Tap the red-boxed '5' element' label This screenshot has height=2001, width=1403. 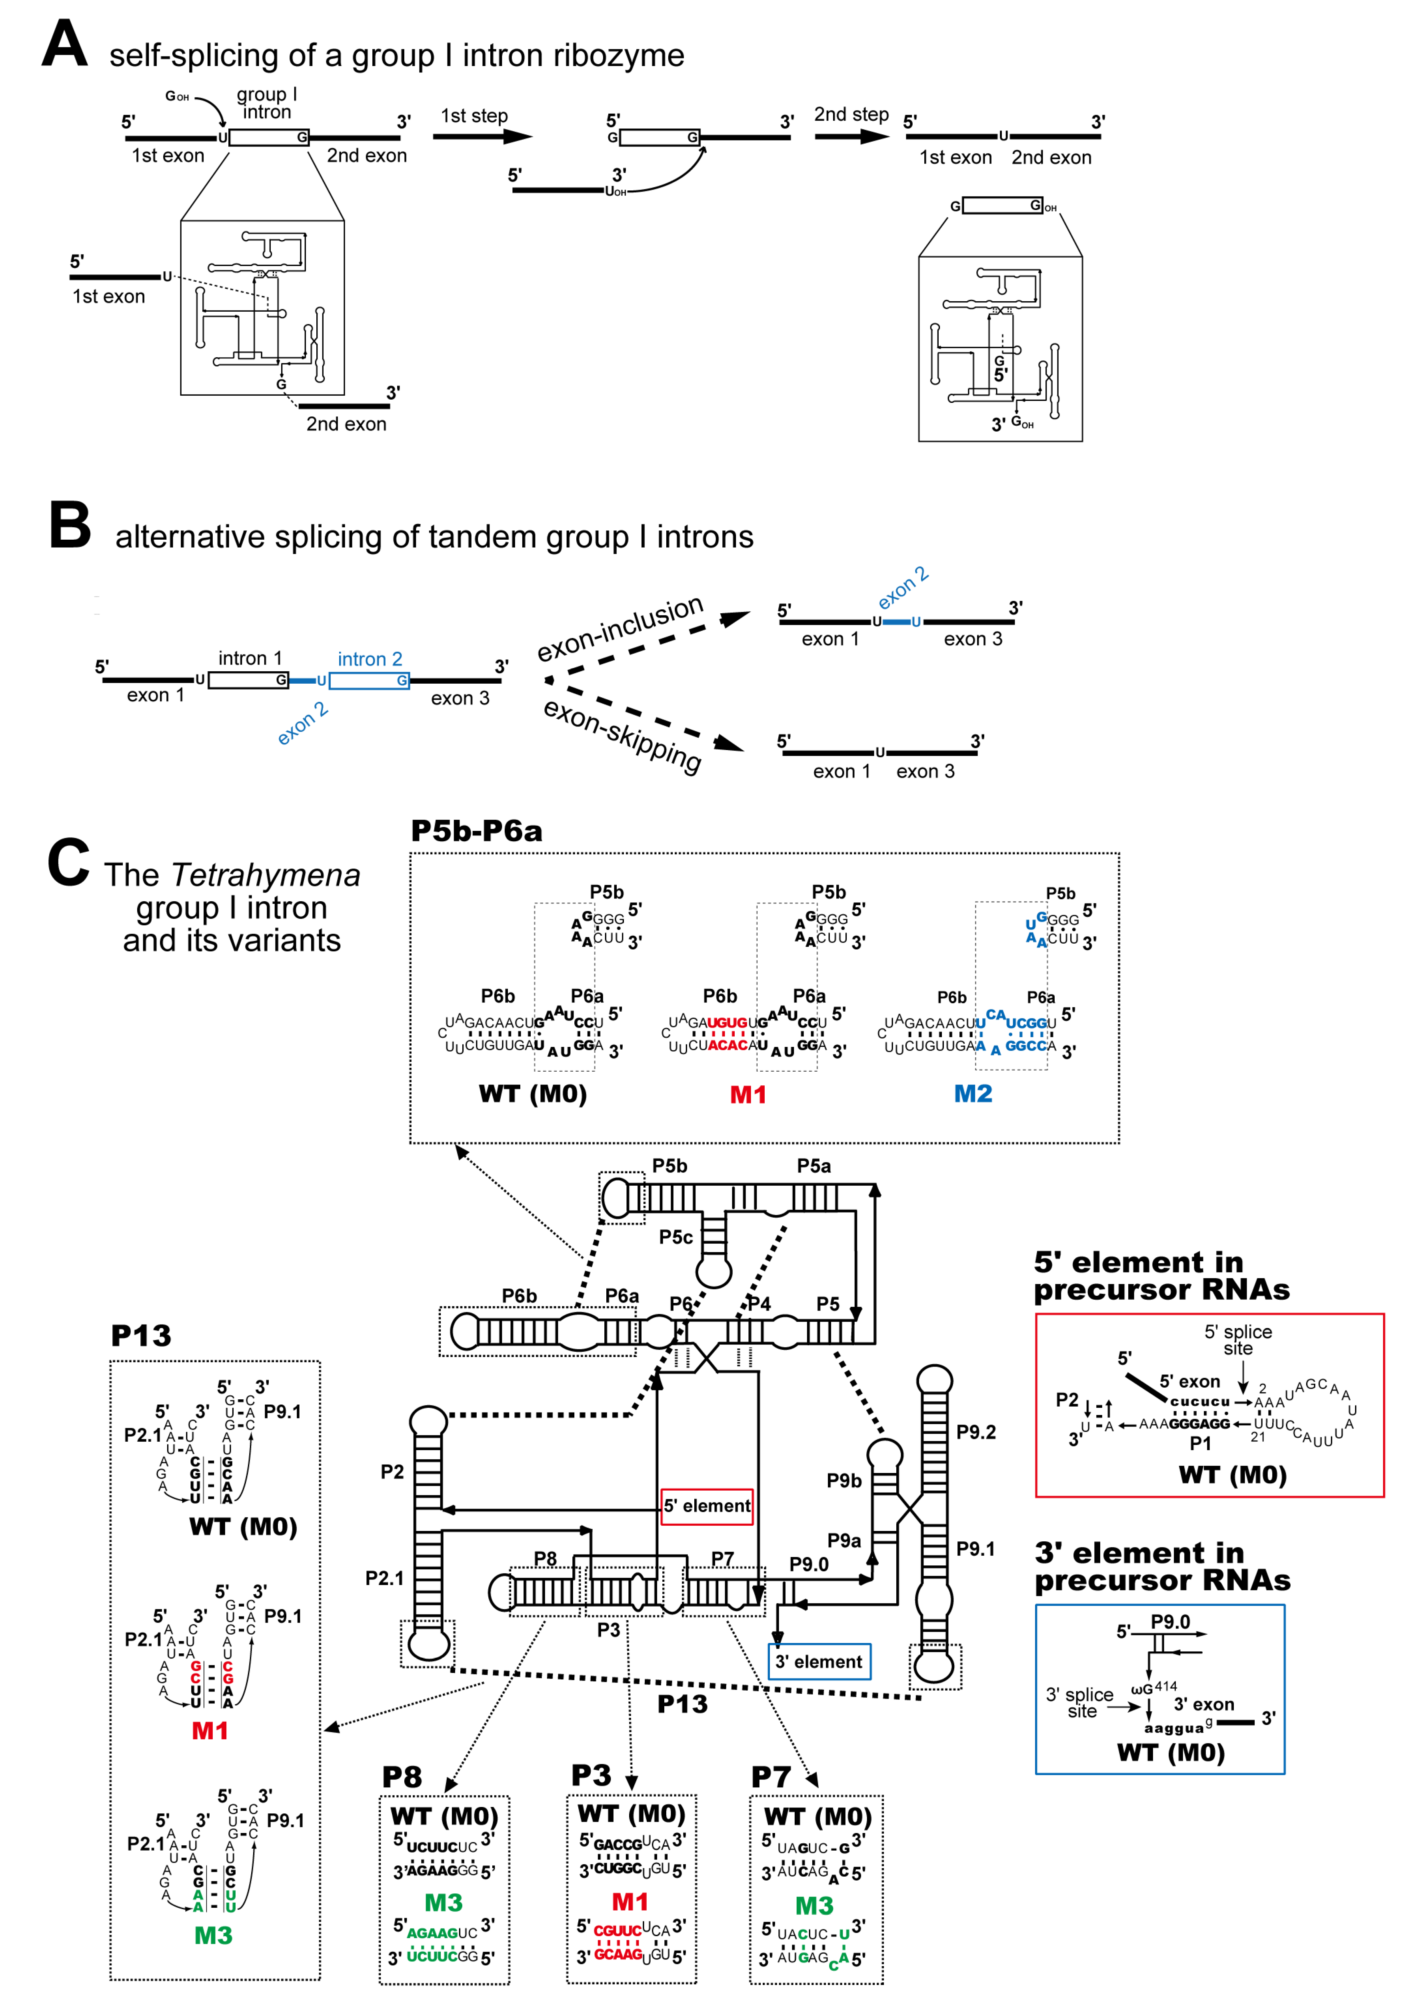pyautogui.click(x=707, y=1505)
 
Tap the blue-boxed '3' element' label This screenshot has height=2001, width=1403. pyautogui.click(x=818, y=1661)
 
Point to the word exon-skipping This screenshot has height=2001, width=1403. pyautogui.click(x=622, y=735)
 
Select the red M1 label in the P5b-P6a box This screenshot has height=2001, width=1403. pyautogui.click(x=747, y=1095)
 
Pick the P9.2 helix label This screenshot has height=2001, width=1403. pyautogui.click(x=976, y=1432)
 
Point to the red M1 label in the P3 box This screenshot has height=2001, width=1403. pyautogui.click(x=630, y=1901)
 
